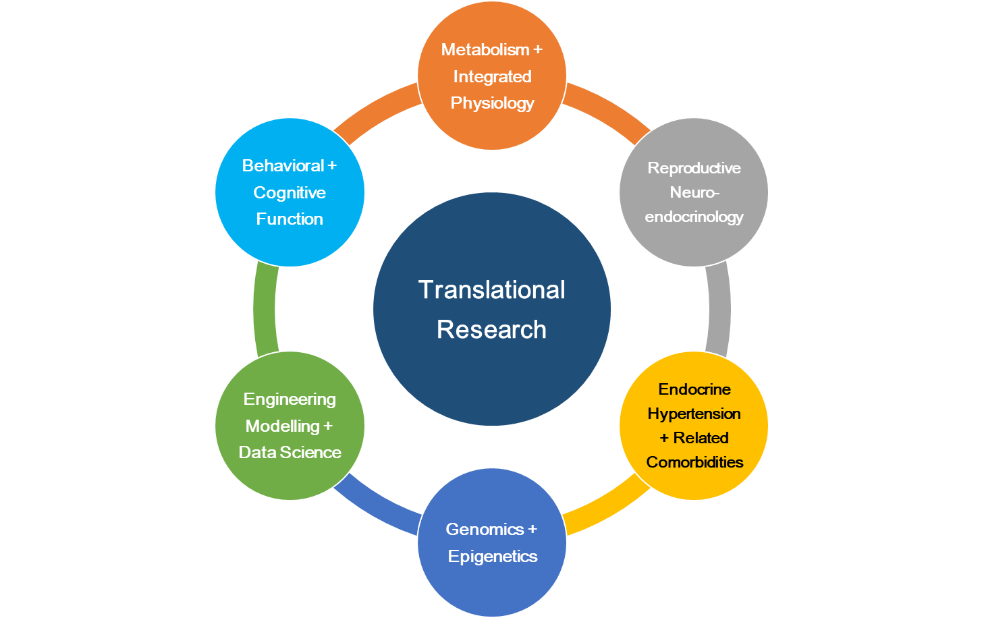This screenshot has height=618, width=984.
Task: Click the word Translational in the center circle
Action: click(x=491, y=290)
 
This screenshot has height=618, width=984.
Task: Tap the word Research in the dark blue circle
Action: click(x=491, y=330)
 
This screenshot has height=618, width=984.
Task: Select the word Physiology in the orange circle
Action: click(x=492, y=103)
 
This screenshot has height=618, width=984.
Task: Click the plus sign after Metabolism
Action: click(x=538, y=50)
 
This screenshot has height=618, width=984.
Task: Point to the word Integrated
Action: click(x=492, y=77)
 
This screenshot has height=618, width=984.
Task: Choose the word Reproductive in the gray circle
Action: click(x=694, y=168)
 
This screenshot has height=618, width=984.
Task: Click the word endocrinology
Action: click(x=694, y=217)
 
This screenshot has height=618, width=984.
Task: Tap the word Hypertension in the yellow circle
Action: click(x=694, y=414)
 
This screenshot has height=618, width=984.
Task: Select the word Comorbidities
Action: click(x=694, y=462)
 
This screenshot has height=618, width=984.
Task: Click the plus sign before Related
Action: click(x=664, y=439)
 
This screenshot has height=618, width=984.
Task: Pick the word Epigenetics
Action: click(x=493, y=557)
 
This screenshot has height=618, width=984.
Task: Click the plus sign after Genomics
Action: click(x=532, y=530)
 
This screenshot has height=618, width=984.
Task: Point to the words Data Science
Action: click(x=290, y=453)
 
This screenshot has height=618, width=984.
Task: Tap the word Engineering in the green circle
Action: click(x=290, y=399)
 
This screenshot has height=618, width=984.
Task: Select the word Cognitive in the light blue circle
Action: click(x=290, y=193)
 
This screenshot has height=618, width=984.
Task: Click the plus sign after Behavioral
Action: click(x=331, y=166)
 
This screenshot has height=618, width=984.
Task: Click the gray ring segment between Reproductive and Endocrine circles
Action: click(x=719, y=309)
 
